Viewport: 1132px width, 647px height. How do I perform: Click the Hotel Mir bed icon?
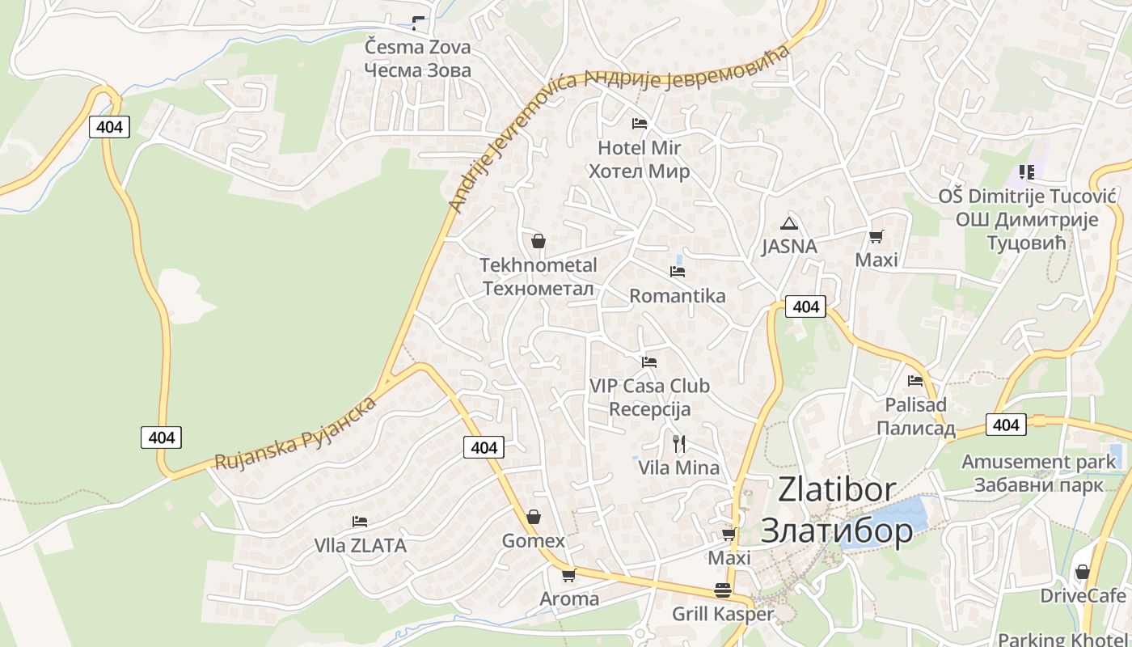[x=639, y=124]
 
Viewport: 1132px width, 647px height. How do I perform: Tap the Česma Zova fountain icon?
[x=418, y=23]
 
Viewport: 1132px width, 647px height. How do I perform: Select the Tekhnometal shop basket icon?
[x=539, y=241]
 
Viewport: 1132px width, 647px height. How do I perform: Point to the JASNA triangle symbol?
[x=789, y=223]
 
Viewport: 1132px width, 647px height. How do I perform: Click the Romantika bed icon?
[x=678, y=272]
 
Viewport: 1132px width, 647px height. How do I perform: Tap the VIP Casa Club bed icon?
[x=648, y=362]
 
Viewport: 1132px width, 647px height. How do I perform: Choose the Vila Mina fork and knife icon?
[x=679, y=443]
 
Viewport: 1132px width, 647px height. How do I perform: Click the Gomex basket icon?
[x=534, y=517]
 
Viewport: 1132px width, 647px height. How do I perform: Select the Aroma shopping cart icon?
[x=568, y=575]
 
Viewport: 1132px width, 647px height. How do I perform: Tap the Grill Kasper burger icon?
[x=723, y=590]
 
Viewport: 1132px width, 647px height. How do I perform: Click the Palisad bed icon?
[x=915, y=380]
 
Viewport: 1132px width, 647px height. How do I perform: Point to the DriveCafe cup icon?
[x=1083, y=572]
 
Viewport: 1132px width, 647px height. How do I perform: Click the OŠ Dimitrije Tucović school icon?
[x=1027, y=171]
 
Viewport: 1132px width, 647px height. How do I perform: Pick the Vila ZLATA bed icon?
[x=360, y=522]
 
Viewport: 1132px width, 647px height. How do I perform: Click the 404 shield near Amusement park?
[x=1006, y=425]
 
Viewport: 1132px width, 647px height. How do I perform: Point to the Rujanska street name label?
[x=295, y=433]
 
